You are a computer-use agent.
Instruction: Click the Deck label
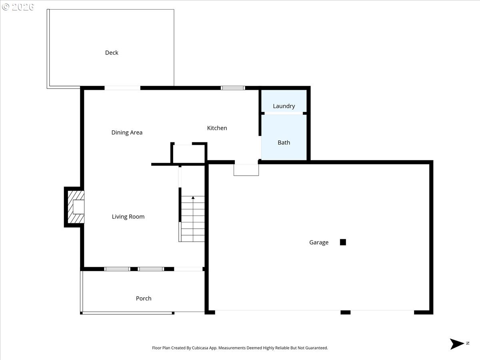pyautogui.click(x=112, y=53)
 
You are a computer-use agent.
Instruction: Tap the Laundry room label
pyautogui.click(x=284, y=106)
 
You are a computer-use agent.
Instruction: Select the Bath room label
pyautogui.click(x=284, y=142)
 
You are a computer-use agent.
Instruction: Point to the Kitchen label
pyautogui.click(x=217, y=128)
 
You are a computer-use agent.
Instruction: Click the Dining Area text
pyautogui.click(x=127, y=132)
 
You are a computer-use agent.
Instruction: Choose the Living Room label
pyautogui.click(x=128, y=217)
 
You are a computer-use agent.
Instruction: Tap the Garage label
pyautogui.click(x=318, y=242)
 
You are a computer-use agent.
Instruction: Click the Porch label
pyautogui.click(x=144, y=298)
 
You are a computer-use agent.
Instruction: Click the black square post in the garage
pyautogui.click(x=343, y=242)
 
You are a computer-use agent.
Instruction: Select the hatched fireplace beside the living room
pyautogui.click(x=75, y=207)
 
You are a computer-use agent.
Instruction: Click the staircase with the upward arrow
pyautogui.click(x=192, y=219)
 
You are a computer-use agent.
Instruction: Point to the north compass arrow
pyautogui.click(x=457, y=344)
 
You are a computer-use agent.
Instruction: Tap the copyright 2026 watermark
pyautogui.click(x=18, y=7)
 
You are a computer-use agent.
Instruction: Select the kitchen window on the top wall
pyautogui.click(x=233, y=88)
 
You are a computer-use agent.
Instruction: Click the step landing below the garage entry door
pyautogui.click(x=246, y=170)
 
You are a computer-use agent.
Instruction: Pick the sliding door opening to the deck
pyautogui.click(x=122, y=88)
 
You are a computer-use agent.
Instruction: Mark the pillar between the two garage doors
pyautogui.click(x=345, y=312)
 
